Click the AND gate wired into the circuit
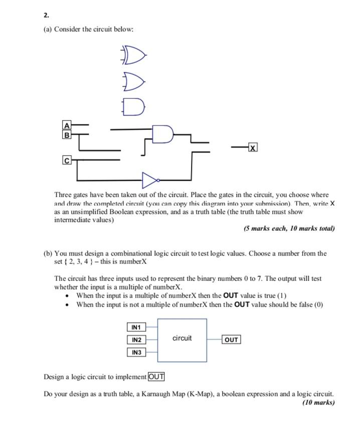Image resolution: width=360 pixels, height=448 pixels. [163, 133]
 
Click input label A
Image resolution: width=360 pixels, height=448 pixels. [67, 125]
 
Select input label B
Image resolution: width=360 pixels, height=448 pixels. [67, 134]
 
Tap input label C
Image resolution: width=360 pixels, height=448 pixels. [67, 160]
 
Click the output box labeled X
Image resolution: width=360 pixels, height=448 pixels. [253, 147]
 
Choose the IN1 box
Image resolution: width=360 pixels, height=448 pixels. [136, 327]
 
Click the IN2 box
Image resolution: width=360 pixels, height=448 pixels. [136, 340]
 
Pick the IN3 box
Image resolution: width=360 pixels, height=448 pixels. [136, 352]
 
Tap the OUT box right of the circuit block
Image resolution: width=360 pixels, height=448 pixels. [231, 340]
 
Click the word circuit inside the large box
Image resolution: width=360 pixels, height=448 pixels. [182, 338]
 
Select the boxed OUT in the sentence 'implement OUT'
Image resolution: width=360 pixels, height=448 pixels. [156, 377]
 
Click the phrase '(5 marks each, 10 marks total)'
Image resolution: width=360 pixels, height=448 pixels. [289, 228]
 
